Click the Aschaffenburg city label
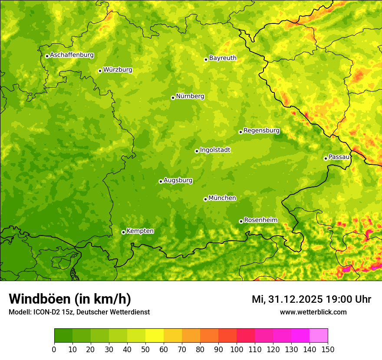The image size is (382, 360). tap(72, 55)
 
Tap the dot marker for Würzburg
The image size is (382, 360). tap(100, 71)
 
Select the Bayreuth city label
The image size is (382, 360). tap(223, 58)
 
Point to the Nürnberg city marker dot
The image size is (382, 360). tap(173, 98)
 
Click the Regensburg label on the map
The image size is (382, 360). tap(261, 131)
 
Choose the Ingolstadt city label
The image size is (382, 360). tap(215, 150)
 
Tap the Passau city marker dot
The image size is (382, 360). tap(326, 158)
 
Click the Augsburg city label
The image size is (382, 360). tap(178, 180)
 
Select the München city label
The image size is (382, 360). tap(222, 198)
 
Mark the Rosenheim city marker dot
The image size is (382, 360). tap(241, 222)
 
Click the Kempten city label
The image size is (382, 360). tap(140, 231)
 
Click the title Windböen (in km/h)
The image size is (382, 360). tap(70, 299)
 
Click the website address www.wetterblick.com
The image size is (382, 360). tap(313, 312)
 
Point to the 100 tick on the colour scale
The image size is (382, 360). tap(237, 349)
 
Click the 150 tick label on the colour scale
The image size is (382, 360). tap(328, 349)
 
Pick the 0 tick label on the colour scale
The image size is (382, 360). tap(54, 349)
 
